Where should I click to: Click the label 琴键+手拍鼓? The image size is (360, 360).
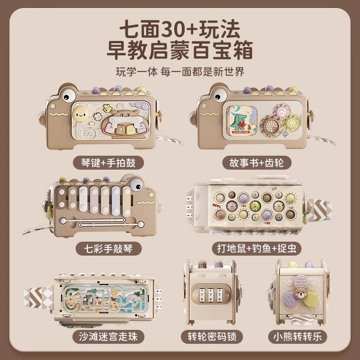[108, 163]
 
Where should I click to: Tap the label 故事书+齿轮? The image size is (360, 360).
[256, 163]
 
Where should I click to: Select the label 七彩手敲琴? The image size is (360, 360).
[108, 249]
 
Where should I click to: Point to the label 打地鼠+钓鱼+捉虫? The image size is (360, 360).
[256, 249]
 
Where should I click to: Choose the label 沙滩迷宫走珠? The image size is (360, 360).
[108, 337]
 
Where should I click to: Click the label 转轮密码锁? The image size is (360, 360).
[212, 337]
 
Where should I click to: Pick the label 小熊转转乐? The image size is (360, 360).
[297, 337]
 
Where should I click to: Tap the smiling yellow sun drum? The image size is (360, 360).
[81, 114]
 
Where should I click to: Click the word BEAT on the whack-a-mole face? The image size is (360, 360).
[217, 205]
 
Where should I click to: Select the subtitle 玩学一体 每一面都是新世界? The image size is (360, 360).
[180, 72]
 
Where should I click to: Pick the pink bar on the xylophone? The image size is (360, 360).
[94, 199]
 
